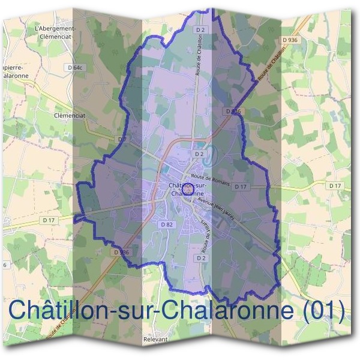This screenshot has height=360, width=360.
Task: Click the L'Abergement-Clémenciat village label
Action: [55, 31]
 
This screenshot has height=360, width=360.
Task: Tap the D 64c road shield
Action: [74, 68]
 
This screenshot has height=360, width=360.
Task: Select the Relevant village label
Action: [155, 339]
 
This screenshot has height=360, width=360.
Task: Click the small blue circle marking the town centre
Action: [187, 188]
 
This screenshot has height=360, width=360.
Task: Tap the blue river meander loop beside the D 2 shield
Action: [210, 155]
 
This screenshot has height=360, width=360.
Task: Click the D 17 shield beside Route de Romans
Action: [241, 187]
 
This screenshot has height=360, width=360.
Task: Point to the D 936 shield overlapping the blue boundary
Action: [233, 112]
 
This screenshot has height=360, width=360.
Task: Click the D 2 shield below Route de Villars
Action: [201, 257]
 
